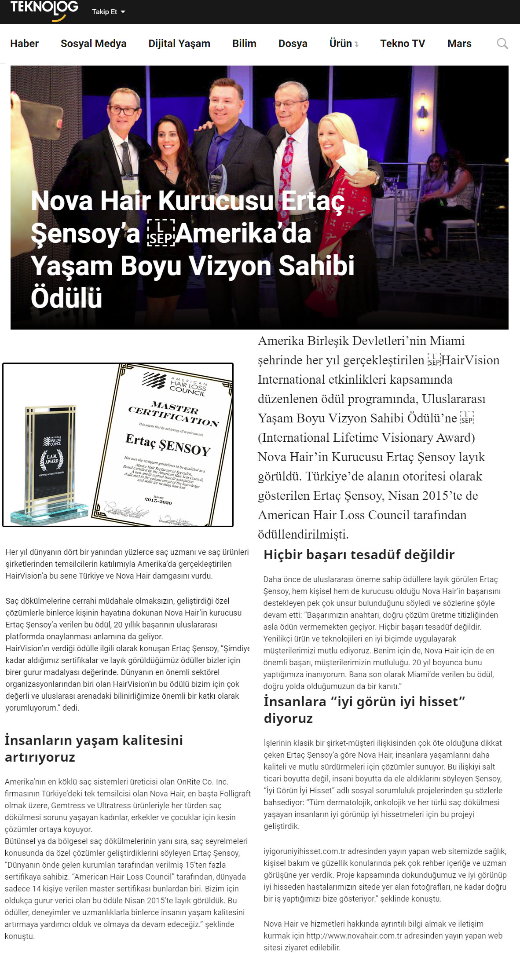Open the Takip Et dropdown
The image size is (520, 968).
108,12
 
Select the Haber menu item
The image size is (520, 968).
24,44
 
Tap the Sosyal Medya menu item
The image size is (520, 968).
93,44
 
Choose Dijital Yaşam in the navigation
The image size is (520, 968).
179,44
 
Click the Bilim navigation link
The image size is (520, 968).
244,44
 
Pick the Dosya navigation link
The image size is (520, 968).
293,44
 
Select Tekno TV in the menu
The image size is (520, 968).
403,44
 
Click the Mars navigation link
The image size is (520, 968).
459,44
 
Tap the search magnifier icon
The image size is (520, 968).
502,44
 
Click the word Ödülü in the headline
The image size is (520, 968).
66,298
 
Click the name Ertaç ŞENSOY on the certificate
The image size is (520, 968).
168,444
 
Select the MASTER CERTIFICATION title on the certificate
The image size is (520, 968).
174,414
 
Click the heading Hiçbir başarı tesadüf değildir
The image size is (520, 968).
359,555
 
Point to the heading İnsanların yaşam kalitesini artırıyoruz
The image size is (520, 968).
93,748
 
